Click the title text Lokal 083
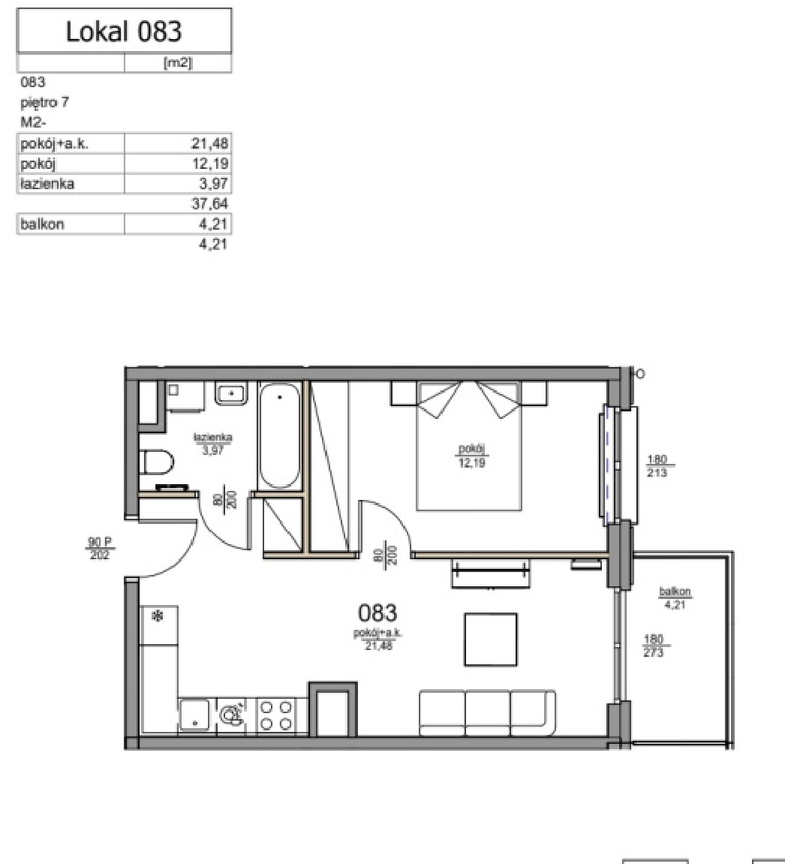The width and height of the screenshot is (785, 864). [x=124, y=32]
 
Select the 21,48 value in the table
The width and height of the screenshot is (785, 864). [x=209, y=144]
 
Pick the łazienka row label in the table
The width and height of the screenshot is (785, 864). [x=47, y=183]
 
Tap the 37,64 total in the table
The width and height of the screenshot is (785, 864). [x=209, y=204]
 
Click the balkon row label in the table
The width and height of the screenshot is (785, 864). [x=42, y=224]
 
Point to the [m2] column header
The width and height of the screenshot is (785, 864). [x=178, y=63]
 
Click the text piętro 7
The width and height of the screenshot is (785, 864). [x=44, y=103]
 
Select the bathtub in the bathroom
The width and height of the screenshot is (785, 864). [x=280, y=435]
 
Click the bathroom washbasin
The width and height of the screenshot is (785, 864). [x=231, y=393]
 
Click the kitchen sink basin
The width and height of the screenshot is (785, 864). [x=194, y=715]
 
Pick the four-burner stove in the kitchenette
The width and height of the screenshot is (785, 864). [x=275, y=715]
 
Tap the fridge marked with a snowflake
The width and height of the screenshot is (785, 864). [x=158, y=625]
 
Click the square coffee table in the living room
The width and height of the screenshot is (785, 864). [x=490, y=640]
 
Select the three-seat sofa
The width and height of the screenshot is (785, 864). [x=488, y=713]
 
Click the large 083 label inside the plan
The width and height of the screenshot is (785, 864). [x=377, y=613]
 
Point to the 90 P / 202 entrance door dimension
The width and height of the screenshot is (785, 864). [x=100, y=549]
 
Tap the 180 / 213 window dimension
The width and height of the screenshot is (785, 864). [x=657, y=465]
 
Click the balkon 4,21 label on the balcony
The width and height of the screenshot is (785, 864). [x=675, y=598]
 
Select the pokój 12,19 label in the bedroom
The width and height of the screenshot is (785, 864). [x=472, y=456]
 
